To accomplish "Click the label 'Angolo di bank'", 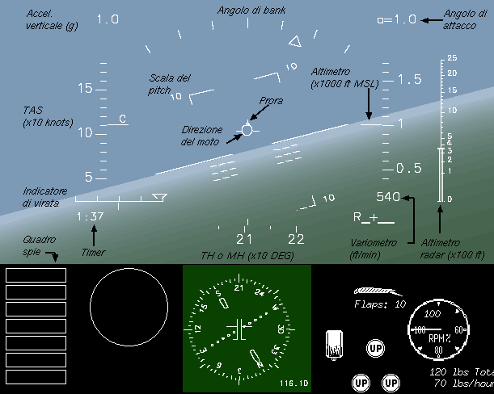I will (x=251, y=10).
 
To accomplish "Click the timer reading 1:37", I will (x=91, y=216).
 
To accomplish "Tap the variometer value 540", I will (x=388, y=197).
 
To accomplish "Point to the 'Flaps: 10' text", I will (x=380, y=304).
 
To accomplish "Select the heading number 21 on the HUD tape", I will (x=244, y=239).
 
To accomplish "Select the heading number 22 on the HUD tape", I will (x=296, y=239).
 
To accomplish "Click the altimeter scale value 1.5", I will (x=411, y=79).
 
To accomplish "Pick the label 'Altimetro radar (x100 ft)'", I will (x=441, y=248).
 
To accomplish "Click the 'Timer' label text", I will (x=93, y=252).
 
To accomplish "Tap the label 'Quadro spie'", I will (x=39, y=245).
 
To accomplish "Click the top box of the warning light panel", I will (x=36, y=275).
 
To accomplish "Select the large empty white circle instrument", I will (x=125, y=307).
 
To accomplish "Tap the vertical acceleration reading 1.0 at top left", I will (x=108, y=18).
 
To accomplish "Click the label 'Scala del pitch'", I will (x=170, y=84).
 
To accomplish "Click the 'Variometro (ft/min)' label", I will (x=374, y=248).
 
